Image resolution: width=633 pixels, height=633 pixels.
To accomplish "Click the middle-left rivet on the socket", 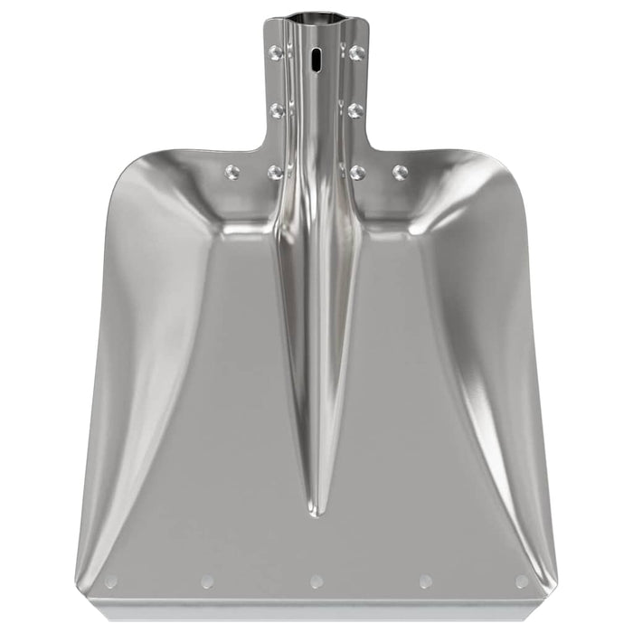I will (277, 110).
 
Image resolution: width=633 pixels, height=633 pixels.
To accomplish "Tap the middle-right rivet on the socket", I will (355, 110).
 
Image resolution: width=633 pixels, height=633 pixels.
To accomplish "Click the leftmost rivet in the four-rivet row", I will (232, 172).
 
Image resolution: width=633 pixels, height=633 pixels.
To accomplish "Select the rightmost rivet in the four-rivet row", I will (400, 172).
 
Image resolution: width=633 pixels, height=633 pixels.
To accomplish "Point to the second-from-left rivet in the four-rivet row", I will (275, 172).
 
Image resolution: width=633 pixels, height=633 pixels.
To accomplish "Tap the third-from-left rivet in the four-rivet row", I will (358, 172).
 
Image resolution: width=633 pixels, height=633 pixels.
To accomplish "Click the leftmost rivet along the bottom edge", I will (111, 581).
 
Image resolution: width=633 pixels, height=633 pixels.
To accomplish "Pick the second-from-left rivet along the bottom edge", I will (207, 581).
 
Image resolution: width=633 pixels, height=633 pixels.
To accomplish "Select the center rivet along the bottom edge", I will (316, 581).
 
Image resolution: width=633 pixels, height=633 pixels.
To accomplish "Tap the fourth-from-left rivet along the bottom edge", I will (425, 581).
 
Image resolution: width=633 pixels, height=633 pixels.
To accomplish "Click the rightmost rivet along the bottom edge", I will (522, 581).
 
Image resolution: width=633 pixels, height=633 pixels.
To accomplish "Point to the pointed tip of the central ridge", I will (315, 514).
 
